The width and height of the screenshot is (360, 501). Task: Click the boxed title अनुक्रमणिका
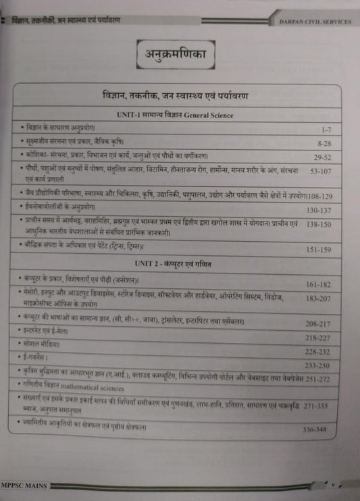click(x=179, y=51)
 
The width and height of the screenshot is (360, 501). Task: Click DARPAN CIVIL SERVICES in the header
click(x=315, y=21)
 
